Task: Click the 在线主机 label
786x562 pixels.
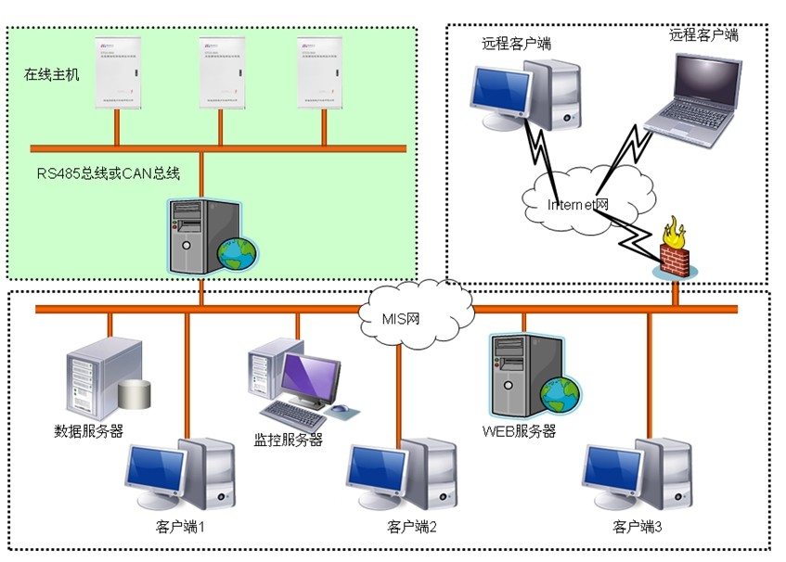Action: coord(52,74)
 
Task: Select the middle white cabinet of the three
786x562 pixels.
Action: coord(221,74)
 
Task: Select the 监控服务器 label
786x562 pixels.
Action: coord(289,440)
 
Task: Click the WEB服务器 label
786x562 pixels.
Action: coord(519,431)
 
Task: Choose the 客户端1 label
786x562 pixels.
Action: coord(180,527)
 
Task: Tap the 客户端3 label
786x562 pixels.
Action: coord(638,527)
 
